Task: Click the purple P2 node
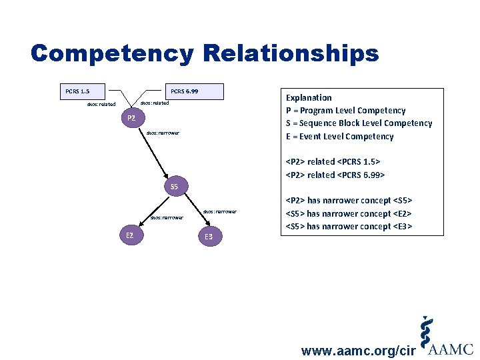tap(131, 119)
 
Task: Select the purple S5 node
tap(174, 187)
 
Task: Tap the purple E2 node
tap(130, 235)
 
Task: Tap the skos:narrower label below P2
tap(163, 133)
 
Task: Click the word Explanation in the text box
tap(309, 97)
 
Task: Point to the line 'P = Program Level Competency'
tap(345, 111)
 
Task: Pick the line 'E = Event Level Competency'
tap(339, 137)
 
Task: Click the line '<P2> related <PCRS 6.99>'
tap(335, 175)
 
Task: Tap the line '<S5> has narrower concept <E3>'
tap(349, 227)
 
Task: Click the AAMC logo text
tap(451, 349)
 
